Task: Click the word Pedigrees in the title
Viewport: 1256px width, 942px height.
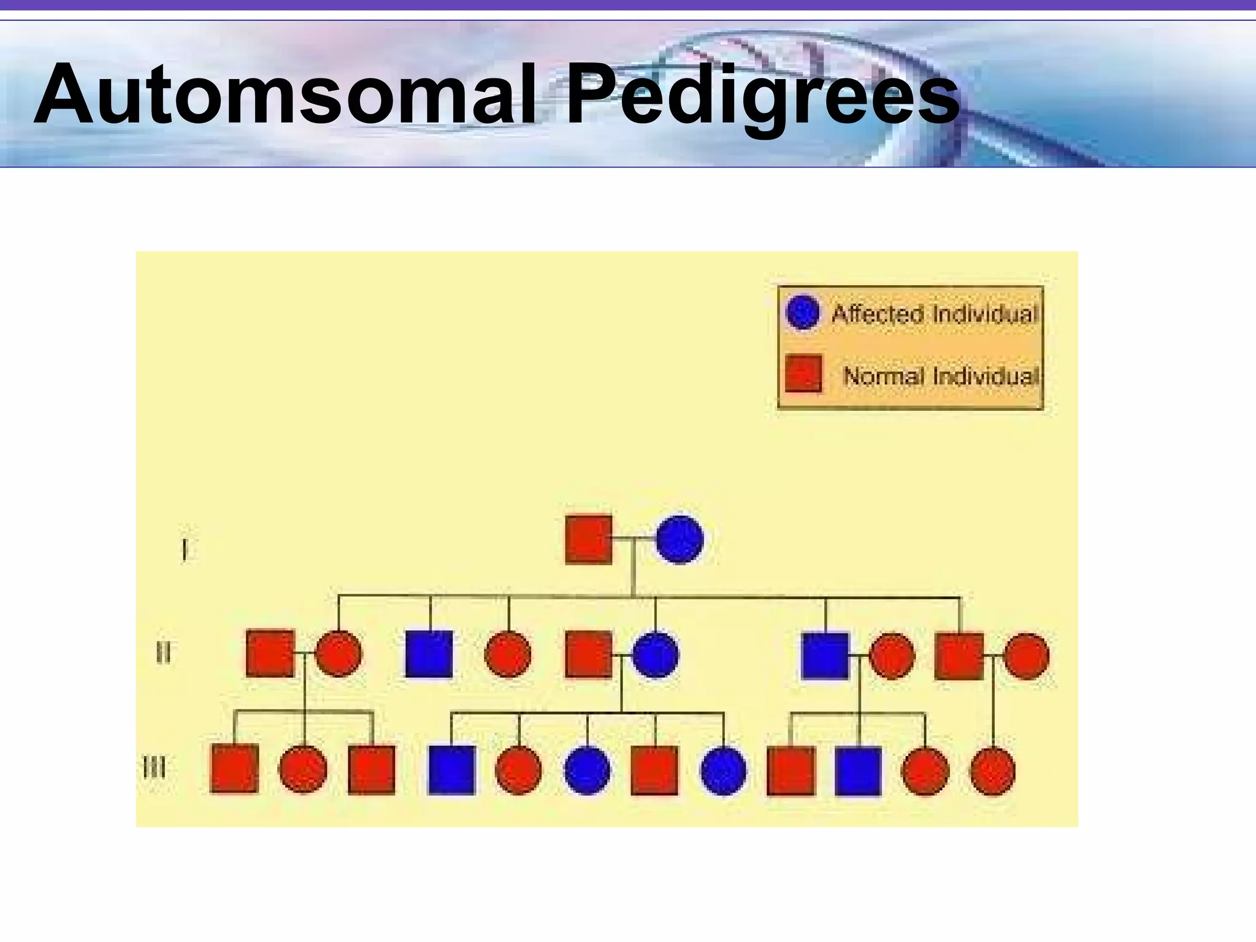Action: [762, 98]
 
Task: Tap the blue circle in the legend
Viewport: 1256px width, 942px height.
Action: [802, 312]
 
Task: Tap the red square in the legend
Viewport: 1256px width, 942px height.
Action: [803, 373]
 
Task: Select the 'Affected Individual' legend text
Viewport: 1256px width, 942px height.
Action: [934, 314]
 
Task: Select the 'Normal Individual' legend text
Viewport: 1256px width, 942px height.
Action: [940, 375]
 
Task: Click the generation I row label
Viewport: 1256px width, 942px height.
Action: [184, 549]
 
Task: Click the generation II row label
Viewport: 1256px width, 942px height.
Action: [163, 653]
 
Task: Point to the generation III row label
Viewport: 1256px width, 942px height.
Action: [154, 767]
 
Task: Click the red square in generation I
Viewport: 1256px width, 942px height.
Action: [589, 539]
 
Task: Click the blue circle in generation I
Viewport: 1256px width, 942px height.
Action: [680, 539]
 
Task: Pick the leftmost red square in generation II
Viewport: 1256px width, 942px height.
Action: [270, 654]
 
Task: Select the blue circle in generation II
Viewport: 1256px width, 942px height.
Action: [656, 655]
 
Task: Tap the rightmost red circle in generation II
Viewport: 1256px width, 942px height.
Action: [1027, 656]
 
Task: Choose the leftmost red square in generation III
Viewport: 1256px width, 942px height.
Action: [234, 768]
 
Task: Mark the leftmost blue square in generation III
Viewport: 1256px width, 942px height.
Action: [452, 770]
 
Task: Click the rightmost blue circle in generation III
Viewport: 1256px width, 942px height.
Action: [724, 770]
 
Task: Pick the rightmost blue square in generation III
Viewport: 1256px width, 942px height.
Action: [859, 771]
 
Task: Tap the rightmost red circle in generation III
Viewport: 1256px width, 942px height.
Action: [993, 771]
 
